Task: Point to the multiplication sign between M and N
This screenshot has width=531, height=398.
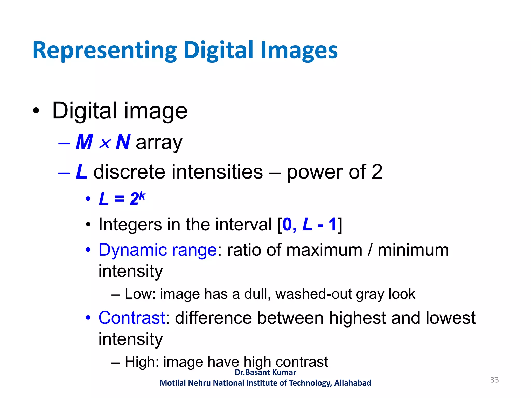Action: (105, 143)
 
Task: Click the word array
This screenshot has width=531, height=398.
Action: (159, 143)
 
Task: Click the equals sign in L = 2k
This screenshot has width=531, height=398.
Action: (119, 199)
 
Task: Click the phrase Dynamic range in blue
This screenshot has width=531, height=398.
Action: (158, 250)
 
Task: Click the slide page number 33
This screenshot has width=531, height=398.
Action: (494, 380)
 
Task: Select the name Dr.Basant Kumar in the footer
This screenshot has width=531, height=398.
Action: (265, 372)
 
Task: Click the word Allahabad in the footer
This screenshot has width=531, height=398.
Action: (353, 383)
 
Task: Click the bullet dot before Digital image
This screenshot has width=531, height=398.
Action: (36, 111)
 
